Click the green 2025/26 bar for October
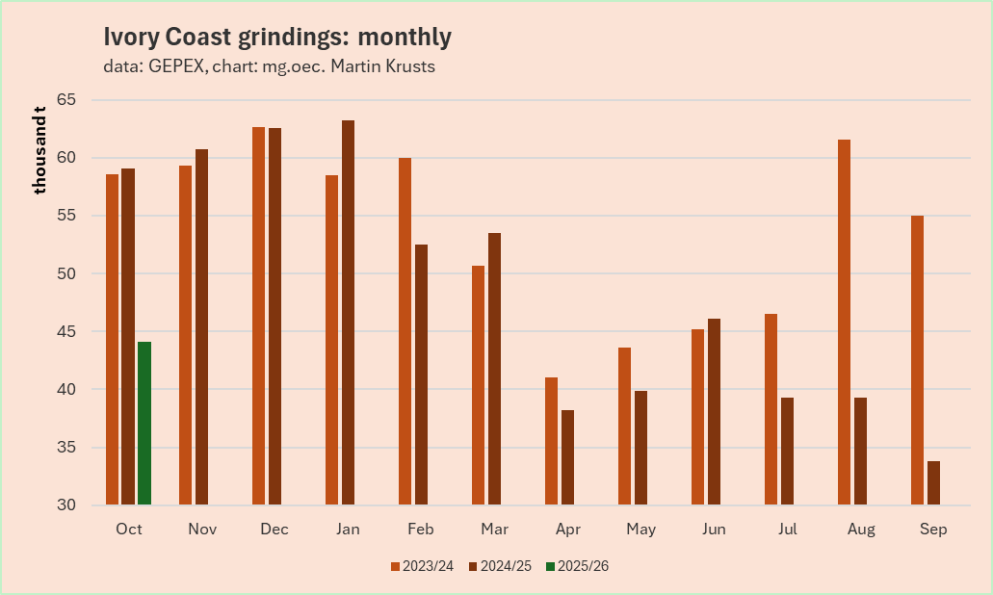(x=144, y=423)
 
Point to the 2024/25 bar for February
(x=421, y=375)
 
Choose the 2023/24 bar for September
(x=917, y=360)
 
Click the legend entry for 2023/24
(x=423, y=566)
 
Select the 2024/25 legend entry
(x=500, y=566)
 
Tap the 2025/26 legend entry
(x=576, y=566)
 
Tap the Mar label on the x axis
(x=494, y=530)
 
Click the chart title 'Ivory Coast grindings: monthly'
(x=277, y=38)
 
